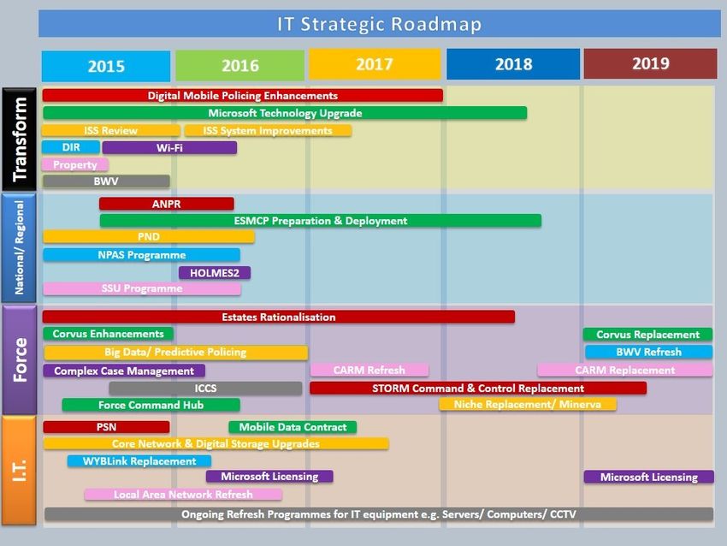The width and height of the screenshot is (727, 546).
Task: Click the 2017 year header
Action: click(375, 64)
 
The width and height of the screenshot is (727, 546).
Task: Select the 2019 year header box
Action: click(650, 63)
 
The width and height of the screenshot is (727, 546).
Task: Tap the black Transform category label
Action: click(19, 139)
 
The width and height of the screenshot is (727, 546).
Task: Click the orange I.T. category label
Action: click(19, 471)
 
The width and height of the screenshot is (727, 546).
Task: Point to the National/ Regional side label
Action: click(19, 247)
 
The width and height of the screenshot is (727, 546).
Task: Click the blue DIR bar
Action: click(71, 147)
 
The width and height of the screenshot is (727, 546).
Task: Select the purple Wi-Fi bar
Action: click(169, 148)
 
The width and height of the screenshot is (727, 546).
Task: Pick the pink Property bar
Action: click(75, 164)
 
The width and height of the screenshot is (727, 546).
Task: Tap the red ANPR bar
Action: click(167, 204)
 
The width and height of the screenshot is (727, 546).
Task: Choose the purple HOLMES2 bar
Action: click(215, 273)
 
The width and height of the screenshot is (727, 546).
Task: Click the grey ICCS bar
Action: click(205, 389)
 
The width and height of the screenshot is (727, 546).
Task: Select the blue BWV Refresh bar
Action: click(648, 352)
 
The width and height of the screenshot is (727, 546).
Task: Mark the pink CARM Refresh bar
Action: click(369, 371)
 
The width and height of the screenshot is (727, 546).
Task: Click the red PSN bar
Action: click(106, 427)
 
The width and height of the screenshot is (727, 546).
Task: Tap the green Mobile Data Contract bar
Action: click(293, 427)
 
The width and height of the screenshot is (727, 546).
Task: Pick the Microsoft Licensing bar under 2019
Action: click(648, 477)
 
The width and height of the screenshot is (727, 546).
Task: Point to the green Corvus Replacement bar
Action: click(647, 335)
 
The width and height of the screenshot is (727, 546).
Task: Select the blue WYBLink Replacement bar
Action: click(139, 461)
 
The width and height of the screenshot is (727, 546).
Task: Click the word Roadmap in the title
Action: click(436, 24)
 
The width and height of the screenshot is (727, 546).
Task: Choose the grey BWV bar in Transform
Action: click(106, 181)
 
